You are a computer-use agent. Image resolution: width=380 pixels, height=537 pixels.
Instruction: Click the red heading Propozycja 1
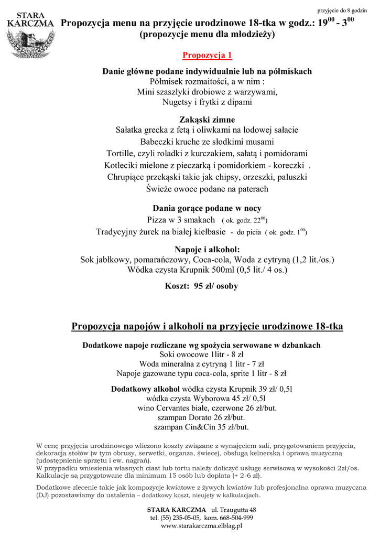[207, 56]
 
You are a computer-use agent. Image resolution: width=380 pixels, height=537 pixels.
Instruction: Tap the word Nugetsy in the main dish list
[177, 102]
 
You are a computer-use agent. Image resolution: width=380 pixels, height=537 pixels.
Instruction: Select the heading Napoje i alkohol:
[207, 249]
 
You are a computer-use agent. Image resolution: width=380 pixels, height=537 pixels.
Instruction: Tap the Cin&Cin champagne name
[205, 427]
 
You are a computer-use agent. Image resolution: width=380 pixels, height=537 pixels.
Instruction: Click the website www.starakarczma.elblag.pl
[201, 526]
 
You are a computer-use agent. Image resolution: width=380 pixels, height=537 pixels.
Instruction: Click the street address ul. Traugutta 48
[233, 510]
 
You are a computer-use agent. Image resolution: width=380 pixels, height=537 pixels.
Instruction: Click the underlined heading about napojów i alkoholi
[207, 327]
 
